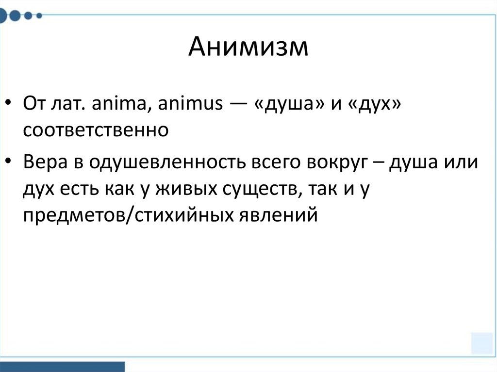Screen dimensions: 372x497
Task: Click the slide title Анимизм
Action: click(248, 48)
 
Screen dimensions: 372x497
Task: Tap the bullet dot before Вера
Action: click(10, 163)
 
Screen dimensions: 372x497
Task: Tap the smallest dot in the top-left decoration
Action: click(40, 16)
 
